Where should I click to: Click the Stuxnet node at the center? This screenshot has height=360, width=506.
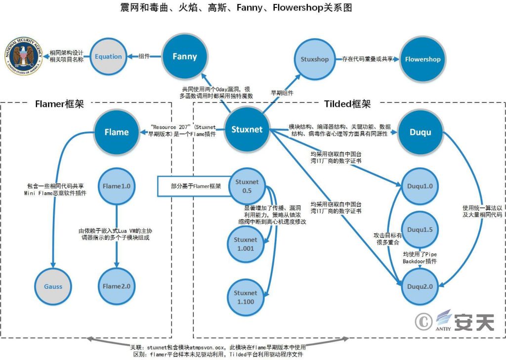click(x=247, y=130)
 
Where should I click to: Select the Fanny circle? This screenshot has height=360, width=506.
click(x=184, y=56)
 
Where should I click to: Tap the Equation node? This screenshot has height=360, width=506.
click(x=109, y=56)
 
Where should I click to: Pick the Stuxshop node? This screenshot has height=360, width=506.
click(x=314, y=59)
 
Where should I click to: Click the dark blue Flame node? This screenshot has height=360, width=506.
click(x=117, y=132)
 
